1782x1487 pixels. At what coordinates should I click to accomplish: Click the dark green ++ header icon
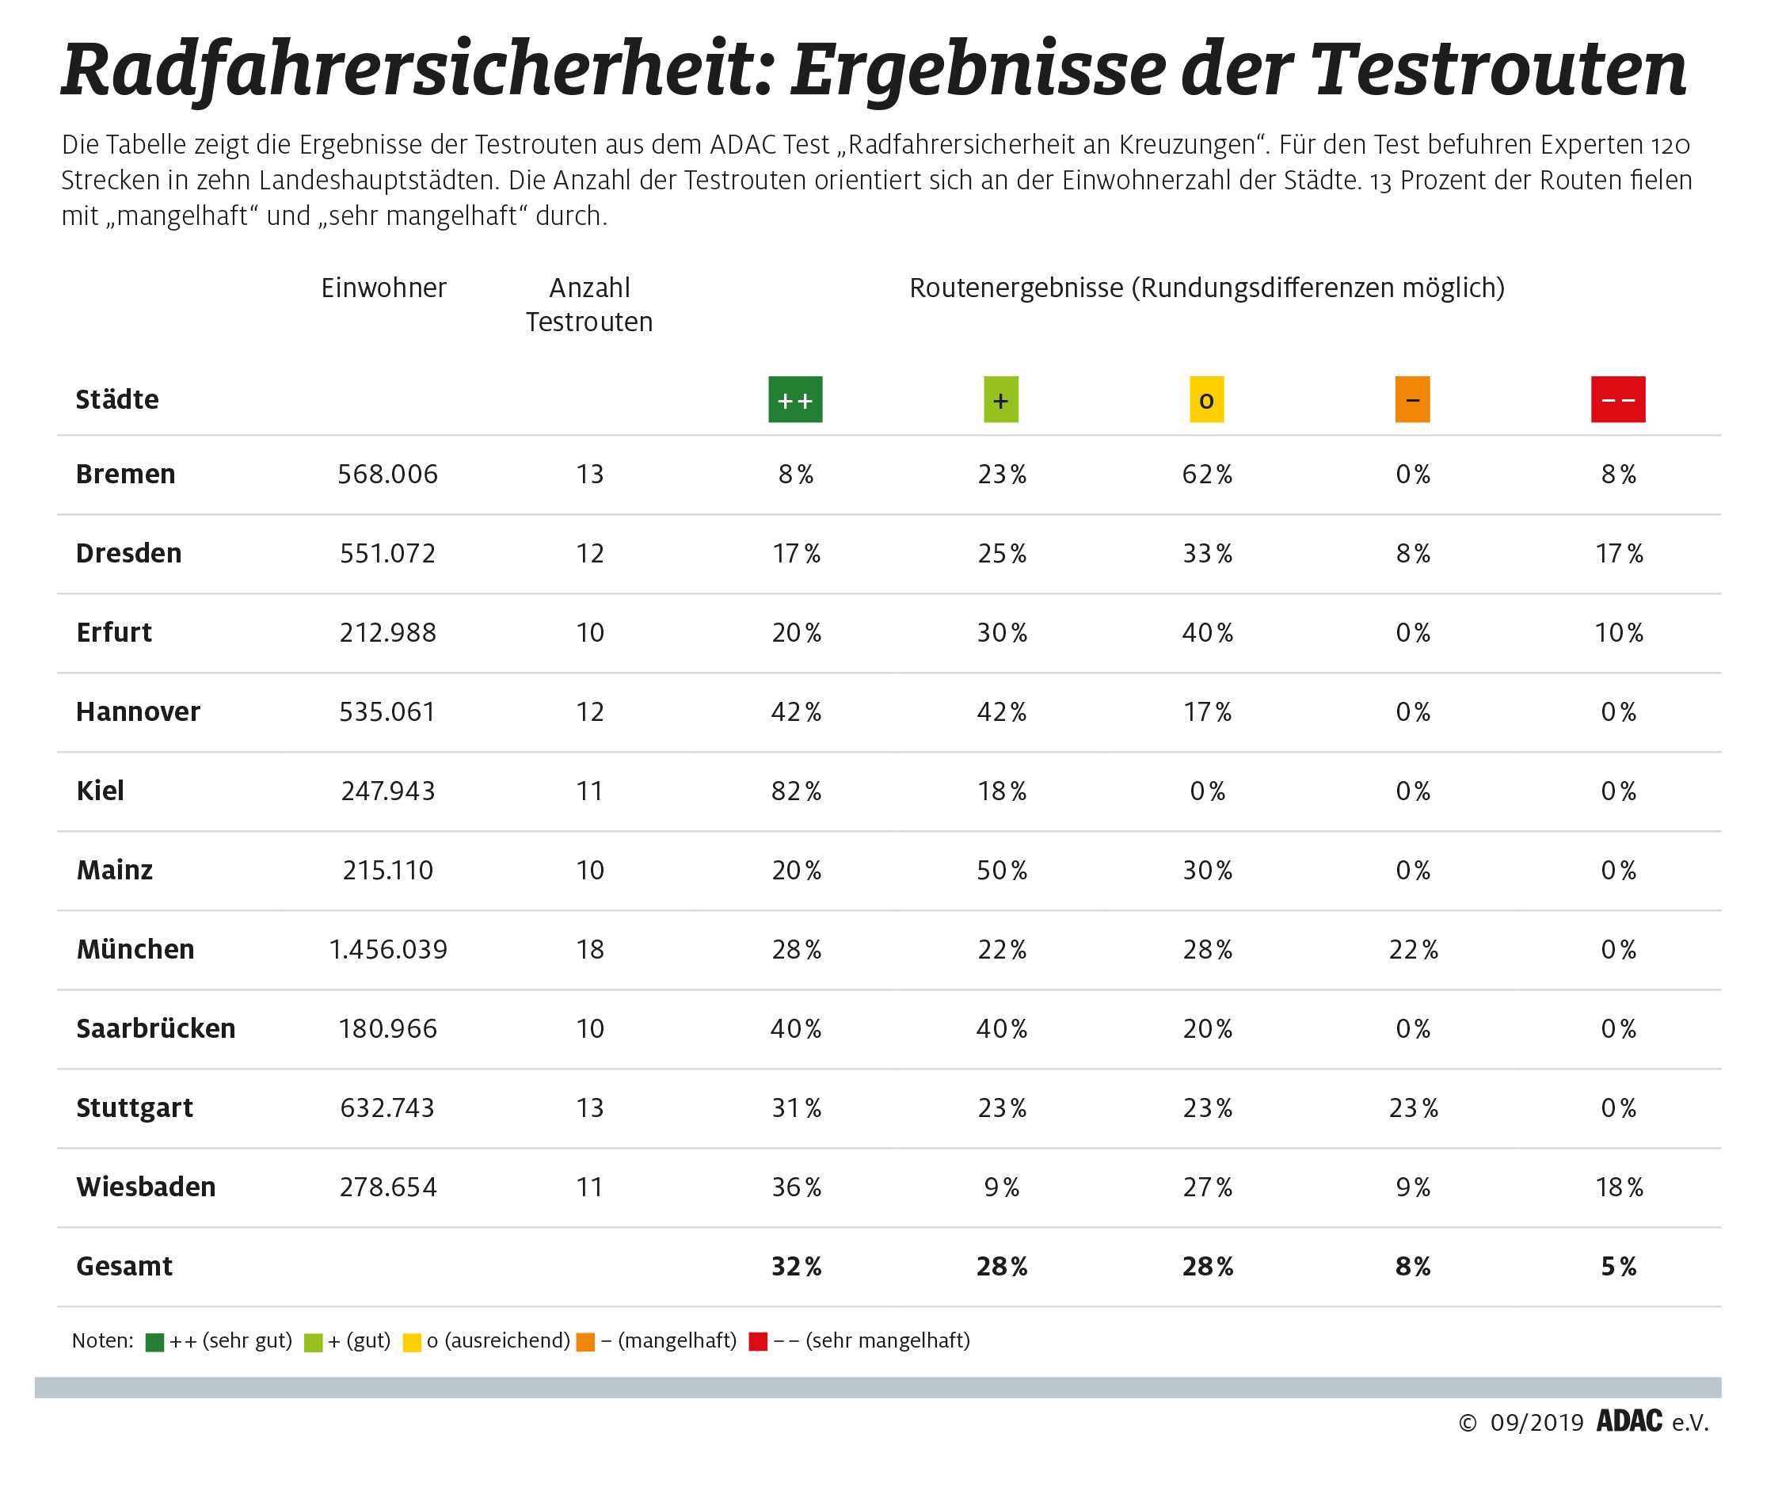(795, 400)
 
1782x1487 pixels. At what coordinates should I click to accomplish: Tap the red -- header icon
(1617, 400)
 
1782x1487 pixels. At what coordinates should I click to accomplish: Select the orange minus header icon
(1412, 400)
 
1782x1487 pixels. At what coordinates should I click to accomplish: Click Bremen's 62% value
(1207, 475)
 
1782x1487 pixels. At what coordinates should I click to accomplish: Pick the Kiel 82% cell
(796, 791)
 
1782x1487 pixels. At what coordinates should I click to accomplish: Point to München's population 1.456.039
(388, 949)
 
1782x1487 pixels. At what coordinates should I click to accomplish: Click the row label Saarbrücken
(155, 1028)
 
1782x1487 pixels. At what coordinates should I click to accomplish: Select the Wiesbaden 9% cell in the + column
(1001, 1187)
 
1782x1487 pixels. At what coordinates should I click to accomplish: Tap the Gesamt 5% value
(1618, 1266)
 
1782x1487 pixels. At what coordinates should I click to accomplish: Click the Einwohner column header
(383, 288)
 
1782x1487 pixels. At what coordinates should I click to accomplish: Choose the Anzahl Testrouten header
(589, 305)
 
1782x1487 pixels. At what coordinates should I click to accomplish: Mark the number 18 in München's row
(590, 949)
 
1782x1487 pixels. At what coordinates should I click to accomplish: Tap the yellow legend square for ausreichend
(412, 1342)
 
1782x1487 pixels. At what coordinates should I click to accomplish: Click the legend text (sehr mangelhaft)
(888, 1340)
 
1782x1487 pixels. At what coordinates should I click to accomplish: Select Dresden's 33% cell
(1207, 554)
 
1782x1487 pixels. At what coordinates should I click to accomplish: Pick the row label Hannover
(138, 712)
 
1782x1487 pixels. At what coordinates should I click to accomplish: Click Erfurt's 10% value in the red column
(1618, 632)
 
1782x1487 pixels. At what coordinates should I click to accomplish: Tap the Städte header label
(117, 400)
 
